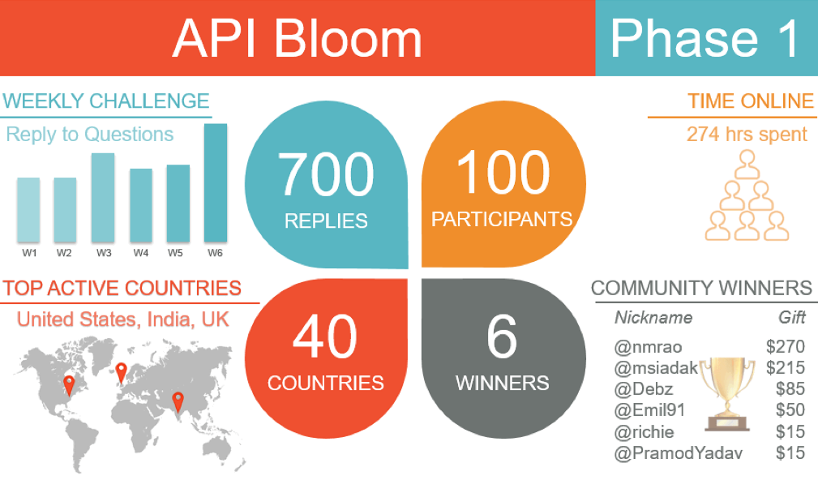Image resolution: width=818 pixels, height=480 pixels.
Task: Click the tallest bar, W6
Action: tap(216, 183)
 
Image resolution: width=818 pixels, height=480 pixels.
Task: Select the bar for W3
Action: tap(103, 198)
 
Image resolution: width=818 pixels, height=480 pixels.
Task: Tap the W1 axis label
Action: tap(29, 253)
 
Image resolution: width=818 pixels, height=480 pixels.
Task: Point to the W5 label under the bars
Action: tap(175, 253)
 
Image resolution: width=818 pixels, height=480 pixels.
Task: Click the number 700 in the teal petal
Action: tap(326, 174)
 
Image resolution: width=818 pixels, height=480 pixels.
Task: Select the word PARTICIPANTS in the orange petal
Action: tap(502, 219)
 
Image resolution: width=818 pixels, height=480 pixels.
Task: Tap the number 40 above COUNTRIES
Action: tap(325, 336)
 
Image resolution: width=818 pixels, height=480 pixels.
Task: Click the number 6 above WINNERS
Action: tap(502, 336)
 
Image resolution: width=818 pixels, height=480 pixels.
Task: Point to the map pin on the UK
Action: tap(121, 373)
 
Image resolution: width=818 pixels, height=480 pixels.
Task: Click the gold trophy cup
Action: tap(726, 394)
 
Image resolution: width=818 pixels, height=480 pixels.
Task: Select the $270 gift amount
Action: tap(785, 346)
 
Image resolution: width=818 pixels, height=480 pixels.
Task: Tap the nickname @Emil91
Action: tap(649, 410)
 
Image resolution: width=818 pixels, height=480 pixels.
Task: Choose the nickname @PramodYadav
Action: tap(679, 453)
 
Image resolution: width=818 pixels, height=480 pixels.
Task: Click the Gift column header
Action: tap(792, 317)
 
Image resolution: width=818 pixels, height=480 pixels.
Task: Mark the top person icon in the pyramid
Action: tap(747, 165)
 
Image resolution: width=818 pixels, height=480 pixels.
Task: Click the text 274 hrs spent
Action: tap(747, 134)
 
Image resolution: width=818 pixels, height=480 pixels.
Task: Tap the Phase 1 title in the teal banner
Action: tap(705, 38)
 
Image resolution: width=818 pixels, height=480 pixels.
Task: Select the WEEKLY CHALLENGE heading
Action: tap(106, 101)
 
